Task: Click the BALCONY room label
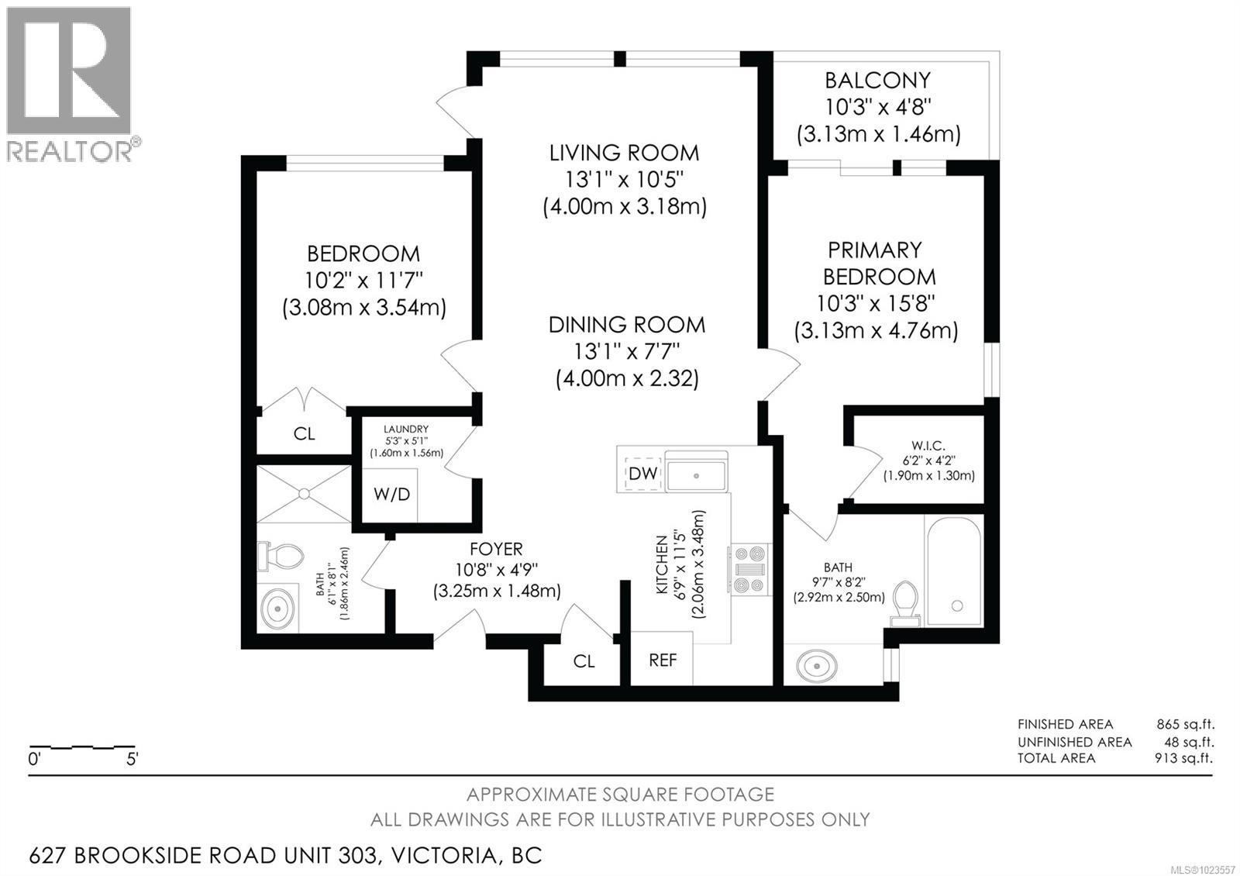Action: pyautogui.click(x=877, y=81)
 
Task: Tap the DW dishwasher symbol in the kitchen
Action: pyautogui.click(x=643, y=474)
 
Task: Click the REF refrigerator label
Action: pyautogui.click(x=663, y=660)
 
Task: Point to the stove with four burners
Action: pyautogui.click(x=749, y=569)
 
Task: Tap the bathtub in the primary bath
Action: pyautogui.click(x=954, y=571)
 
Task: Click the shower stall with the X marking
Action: pyautogui.click(x=304, y=493)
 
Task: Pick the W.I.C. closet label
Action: pyautogui.click(x=928, y=445)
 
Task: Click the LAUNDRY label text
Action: pyautogui.click(x=406, y=429)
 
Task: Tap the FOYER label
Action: pyautogui.click(x=496, y=550)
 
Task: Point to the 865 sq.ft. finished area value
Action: pyautogui.click(x=1185, y=724)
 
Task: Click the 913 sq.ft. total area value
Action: pyautogui.click(x=1184, y=758)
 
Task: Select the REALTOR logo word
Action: pyautogui.click(x=70, y=151)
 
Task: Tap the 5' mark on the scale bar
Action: pyautogui.click(x=132, y=759)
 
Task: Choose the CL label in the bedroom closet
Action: pyautogui.click(x=304, y=433)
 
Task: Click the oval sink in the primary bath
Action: pyautogui.click(x=817, y=666)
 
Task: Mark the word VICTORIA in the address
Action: pyautogui.click(x=444, y=856)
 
